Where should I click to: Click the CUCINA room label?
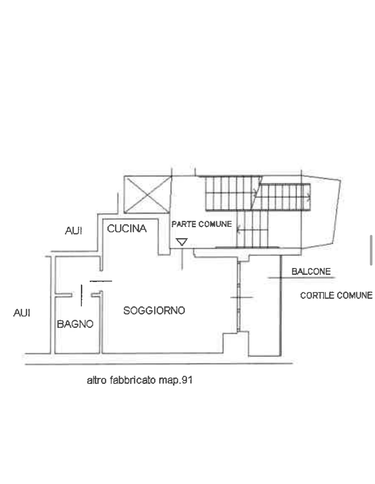coord(127,228)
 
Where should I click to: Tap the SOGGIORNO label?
coord(154,310)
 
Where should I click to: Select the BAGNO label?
coord(75,324)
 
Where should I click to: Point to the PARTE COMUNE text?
coord(201,224)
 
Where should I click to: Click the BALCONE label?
coord(311,271)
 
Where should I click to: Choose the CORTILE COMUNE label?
coord(336,295)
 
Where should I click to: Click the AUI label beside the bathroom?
coord(22,313)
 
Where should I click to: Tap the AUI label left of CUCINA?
coord(74,230)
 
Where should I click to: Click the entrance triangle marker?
coord(182,242)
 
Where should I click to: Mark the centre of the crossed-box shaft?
coord(148,195)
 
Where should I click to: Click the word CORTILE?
coord(317,295)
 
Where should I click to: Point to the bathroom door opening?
coord(82,295)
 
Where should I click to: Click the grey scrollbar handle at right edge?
coord(371,250)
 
